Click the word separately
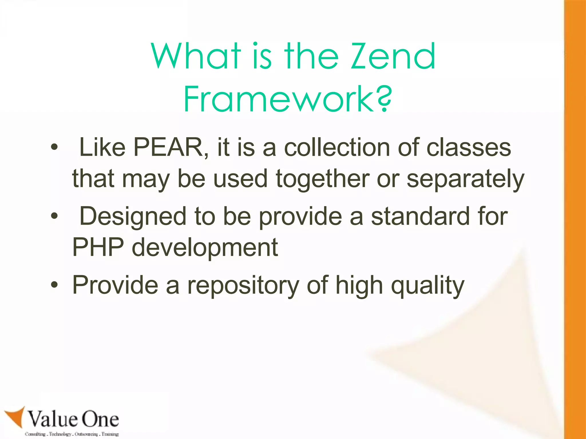click(465, 179)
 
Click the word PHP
click(98, 247)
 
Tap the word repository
click(243, 286)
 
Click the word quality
click(427, 286)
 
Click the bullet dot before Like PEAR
click(54, 148)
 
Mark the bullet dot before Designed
click(54, 216)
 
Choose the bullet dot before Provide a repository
click(54, 285)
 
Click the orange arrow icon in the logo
click(16, 417)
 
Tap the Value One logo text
click(73, 419)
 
